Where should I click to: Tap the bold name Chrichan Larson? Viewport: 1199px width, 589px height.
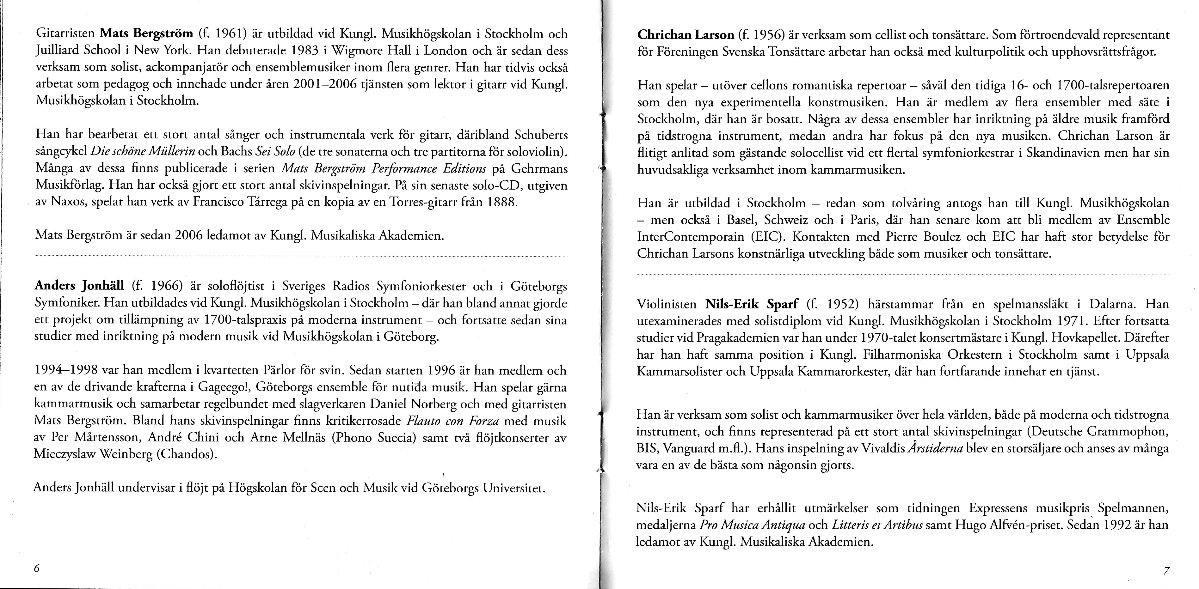click(685, 35)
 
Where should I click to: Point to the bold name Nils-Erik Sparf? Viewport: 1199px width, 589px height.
click(752, 304)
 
